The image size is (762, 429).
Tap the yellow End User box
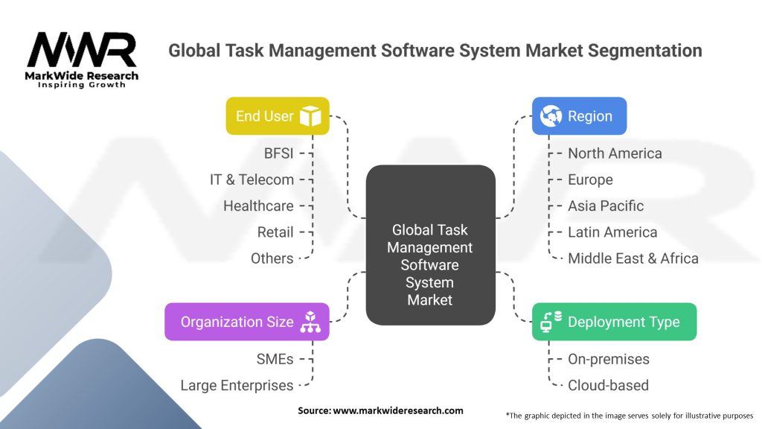coord(277,116)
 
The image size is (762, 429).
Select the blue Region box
coord(579,116)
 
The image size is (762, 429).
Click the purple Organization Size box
coord(246,322)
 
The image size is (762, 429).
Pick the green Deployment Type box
coord(614,322)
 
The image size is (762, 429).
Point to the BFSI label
coord(279,153)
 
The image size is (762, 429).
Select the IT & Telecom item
coord(252,179)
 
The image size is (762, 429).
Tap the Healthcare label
coord(258,206)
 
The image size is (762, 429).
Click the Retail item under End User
coord(275,232)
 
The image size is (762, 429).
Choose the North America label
coord(615,153)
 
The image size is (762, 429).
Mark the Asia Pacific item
coord(606,206)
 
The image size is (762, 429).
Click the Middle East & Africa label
coord(633,258)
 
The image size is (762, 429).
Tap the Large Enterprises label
coord(237,385)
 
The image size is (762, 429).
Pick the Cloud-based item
coord(608,385)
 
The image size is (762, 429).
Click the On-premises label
coord(609,359)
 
